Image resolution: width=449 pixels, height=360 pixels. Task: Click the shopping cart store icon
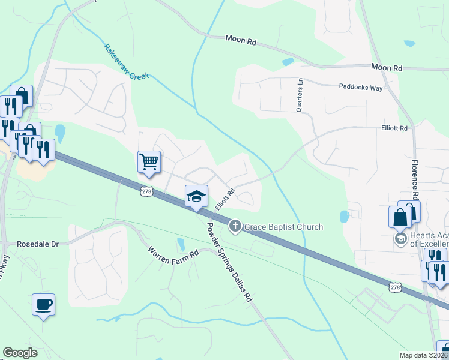click(x=149, y=161)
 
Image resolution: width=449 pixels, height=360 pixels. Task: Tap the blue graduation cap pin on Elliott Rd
click(x=196, y=196)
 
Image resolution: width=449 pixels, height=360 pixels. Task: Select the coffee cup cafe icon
click(x=43, y=305)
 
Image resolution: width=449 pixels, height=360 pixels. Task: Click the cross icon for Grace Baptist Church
click(x=235, y=226)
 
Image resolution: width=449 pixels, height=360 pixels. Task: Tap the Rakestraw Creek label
click(x=126, y=62)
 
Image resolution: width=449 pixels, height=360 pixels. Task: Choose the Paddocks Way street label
click(x=360, y=88)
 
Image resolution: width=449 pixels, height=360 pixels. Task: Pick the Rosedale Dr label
click(x=38, y=244)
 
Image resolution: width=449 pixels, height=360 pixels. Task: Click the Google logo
click(x=20, y=352)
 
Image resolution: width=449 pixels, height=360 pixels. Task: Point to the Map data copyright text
click(x=423, y=355)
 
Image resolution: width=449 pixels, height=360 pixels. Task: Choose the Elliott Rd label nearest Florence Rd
click(x=394, y=128)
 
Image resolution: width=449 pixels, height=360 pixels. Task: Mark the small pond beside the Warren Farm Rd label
click(x=181, y=244)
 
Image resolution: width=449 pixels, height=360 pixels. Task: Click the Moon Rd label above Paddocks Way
click(x=386, y=68)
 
